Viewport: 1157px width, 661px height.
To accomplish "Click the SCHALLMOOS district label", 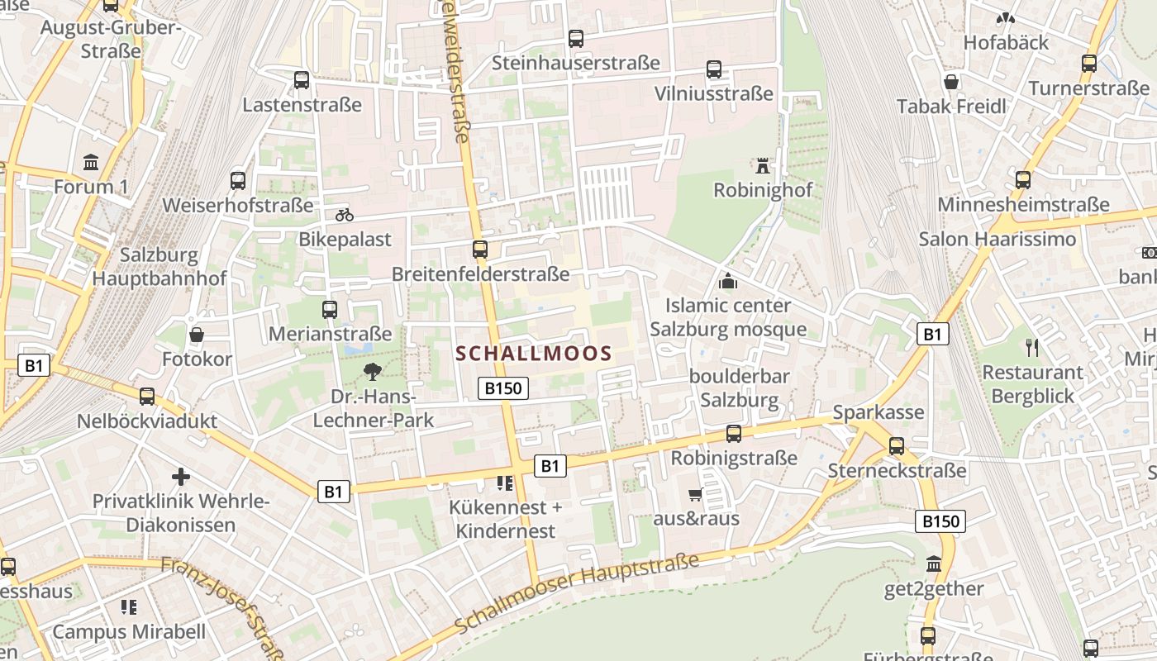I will [534, 354].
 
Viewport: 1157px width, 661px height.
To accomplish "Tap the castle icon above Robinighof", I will [763, 166].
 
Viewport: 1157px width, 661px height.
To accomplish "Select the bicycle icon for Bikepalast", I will [345, 215].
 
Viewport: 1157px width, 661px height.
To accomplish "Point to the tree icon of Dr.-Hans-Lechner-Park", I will [373, 372].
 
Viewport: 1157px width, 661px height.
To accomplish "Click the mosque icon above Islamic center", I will [728, 282].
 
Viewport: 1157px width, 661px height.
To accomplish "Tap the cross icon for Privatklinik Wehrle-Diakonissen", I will [181, 477].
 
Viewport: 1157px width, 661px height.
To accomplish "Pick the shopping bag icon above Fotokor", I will [197, 335].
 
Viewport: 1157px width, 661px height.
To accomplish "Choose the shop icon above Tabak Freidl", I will [951, 82].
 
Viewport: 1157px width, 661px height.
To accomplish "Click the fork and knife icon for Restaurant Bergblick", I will [1031, 347].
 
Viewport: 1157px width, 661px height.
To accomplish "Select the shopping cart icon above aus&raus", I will [696, 495].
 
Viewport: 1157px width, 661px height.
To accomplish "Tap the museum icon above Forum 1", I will [91, 162].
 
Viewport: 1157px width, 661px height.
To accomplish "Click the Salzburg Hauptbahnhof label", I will [159, 266].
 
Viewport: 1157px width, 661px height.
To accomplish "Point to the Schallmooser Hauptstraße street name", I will [576, 593].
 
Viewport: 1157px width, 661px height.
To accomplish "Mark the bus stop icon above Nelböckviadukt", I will [147, 397].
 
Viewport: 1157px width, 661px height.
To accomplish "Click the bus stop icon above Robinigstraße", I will [734, 434].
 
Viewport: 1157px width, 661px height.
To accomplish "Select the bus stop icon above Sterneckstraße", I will [897, 446].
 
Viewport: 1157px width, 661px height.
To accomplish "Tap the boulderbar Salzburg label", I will [740, 388].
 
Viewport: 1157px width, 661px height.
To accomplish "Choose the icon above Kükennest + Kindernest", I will [505, 483].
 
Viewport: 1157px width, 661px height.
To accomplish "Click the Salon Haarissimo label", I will [997, 239].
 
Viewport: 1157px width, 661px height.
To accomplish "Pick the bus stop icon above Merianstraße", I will [330, 310].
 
